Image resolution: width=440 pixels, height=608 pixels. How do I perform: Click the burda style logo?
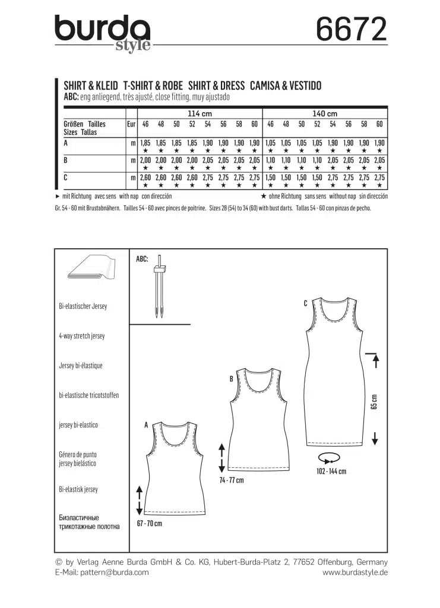click(x=102, y=33)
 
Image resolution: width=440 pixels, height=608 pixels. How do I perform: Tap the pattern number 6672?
click(x=351, y=29)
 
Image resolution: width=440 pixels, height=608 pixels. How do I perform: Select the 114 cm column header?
click(x=200, y=113)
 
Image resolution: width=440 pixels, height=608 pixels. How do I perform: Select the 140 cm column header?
click(x=324, y=113)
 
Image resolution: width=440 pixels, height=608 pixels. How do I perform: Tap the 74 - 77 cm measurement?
click(x=232, y=480)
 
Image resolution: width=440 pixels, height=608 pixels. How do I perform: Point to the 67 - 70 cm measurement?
click(x=150, y=524)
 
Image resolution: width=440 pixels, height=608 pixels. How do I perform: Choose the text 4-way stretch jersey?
click(x=82, y=336)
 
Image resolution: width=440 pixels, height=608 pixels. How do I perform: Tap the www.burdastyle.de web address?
click(x=355, y=572)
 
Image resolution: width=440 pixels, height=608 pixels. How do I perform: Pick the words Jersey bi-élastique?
click(x=81, y=366)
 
